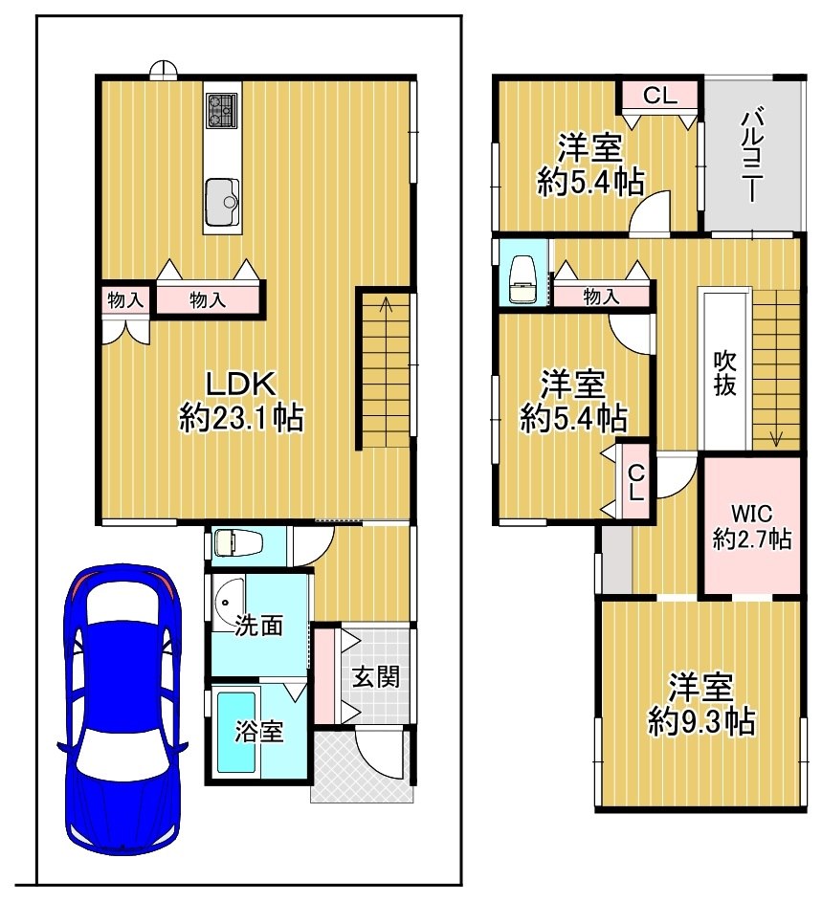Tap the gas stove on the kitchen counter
222,110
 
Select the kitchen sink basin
222,202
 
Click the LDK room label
241,385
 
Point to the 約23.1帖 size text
241,418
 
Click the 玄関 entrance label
376,676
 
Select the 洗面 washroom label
258,626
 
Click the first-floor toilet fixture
238,543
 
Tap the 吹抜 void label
724,373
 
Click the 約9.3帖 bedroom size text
701,721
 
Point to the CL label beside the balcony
659,96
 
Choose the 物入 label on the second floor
602,297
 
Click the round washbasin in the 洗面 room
224,603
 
